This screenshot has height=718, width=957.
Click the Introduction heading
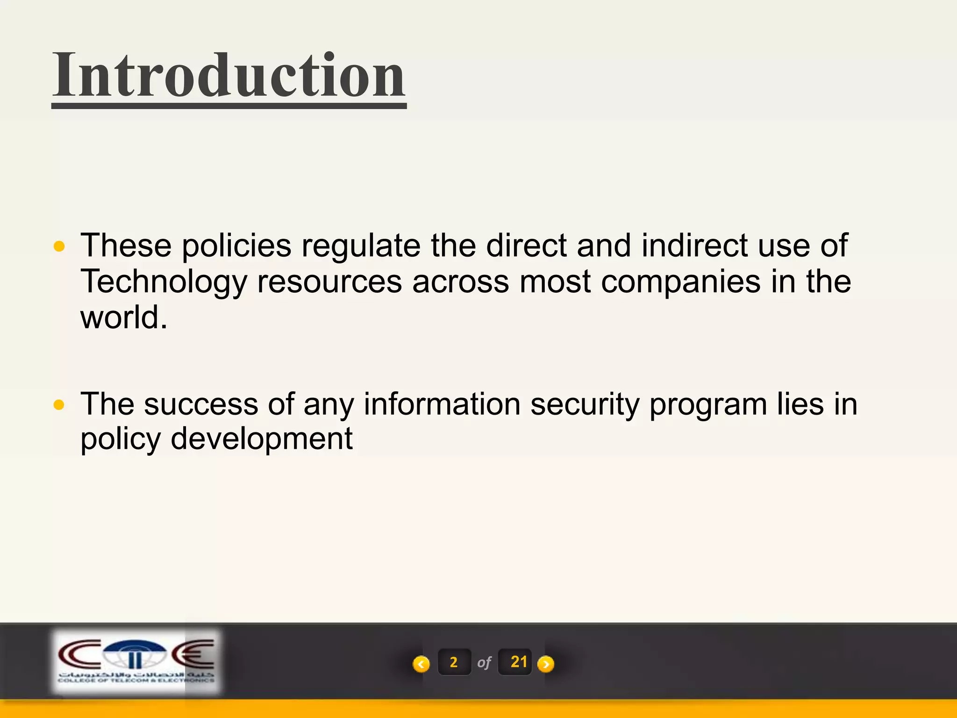tap(229, 76)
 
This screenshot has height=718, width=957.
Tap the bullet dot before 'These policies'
tap(59, 246)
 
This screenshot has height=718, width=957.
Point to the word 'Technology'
tap(164, 282)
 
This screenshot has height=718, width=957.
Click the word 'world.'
tap(124, 317)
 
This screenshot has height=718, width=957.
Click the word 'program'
tap(708, 405)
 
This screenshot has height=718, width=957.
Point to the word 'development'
tap(262, 439)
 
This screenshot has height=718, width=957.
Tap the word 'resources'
tap(329, 282)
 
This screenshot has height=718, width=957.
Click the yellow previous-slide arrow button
tap(421, 664)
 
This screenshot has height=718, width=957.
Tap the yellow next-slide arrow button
tap(546, 664)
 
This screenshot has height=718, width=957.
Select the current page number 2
tap(454, 662)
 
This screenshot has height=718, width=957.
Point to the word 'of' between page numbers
tap(484, 663)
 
